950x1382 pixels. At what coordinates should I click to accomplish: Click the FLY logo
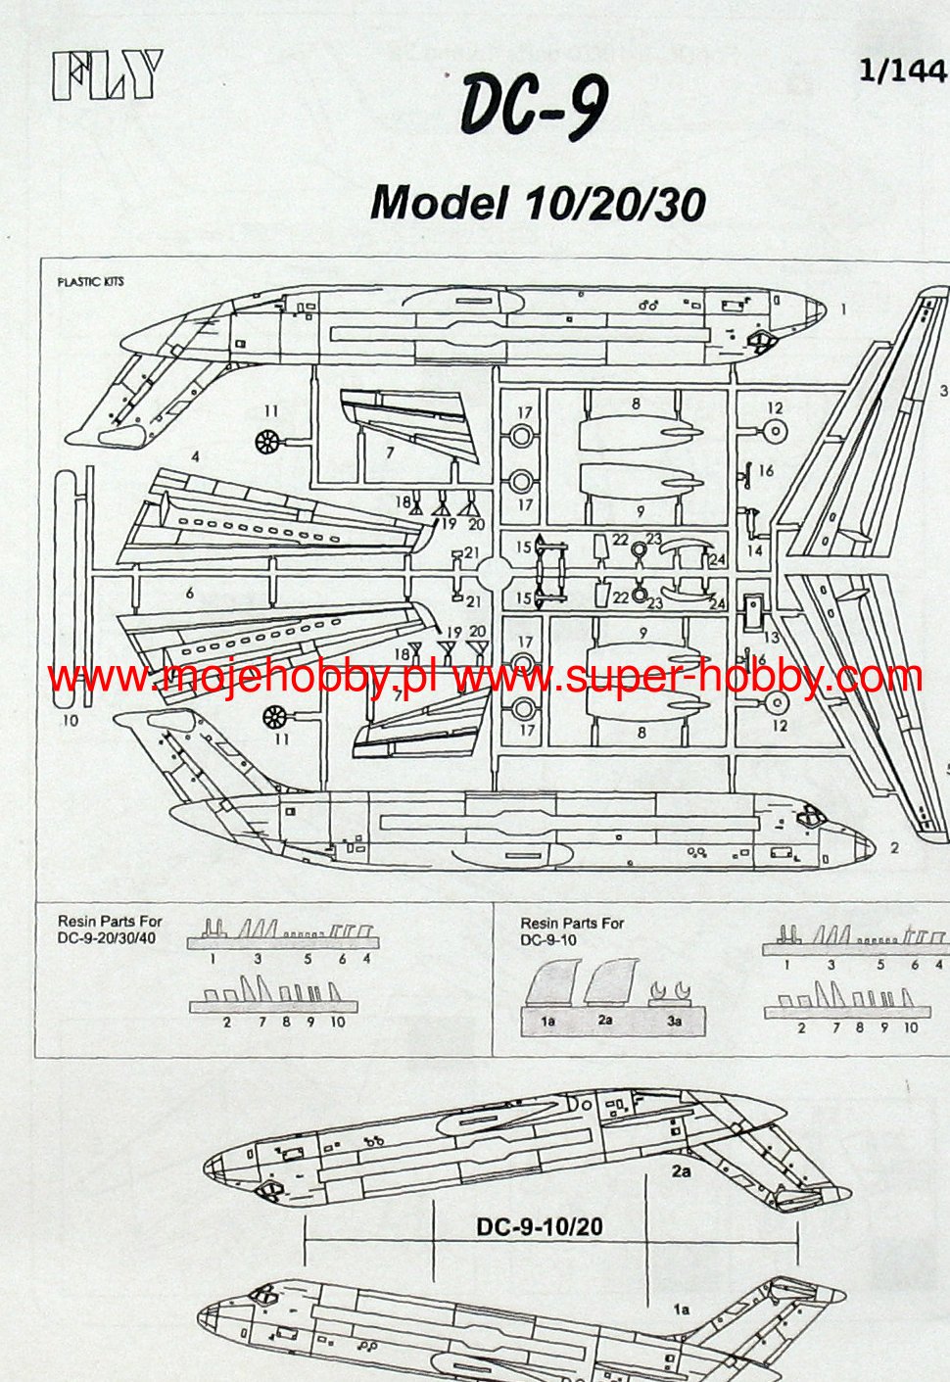point(107,75)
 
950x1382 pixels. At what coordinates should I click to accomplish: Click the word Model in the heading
point(439,203)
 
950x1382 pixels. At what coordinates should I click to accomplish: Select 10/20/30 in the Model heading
point(615,203)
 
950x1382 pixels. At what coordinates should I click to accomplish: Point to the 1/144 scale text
point(902,71)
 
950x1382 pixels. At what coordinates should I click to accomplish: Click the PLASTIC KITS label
point(90,282)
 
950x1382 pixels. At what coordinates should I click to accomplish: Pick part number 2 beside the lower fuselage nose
point(894,848)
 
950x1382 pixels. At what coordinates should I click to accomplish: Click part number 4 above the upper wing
point(196,456)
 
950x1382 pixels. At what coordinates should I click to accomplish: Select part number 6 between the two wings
point(190,593)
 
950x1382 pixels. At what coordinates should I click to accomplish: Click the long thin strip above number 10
point(66,588)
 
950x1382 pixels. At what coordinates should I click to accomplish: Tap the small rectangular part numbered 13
point(753,612)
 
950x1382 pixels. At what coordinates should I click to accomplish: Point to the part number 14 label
point(754,550)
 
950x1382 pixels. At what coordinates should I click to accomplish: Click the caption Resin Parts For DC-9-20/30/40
point(110,929)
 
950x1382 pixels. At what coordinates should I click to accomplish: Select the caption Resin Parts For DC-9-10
point(572,931)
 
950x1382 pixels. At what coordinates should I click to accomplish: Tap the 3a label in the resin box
point(674,1021)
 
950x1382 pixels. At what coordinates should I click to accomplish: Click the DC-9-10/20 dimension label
point(539,1226)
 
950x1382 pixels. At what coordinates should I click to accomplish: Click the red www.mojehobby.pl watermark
point(242,677)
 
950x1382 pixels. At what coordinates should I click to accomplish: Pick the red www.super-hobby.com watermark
point(689,677)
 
